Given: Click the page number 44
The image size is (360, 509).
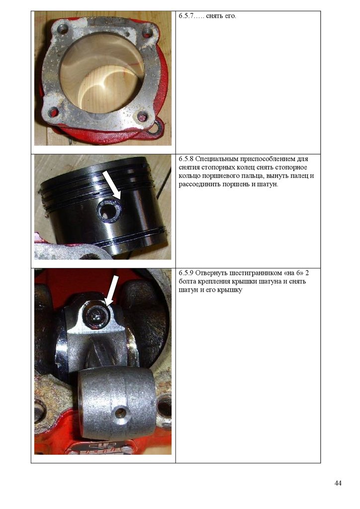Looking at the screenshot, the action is [338, 483].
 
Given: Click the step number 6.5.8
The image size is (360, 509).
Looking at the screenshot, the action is [186, 159].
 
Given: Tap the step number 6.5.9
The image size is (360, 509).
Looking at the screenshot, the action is [186, 273].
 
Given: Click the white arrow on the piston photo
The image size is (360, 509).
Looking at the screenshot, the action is [111, 185].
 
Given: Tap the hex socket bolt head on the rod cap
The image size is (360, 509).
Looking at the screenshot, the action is [96, 314].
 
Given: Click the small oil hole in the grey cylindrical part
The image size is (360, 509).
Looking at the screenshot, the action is [120, 412].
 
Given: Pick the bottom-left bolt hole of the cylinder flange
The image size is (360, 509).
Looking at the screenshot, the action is [53, 113].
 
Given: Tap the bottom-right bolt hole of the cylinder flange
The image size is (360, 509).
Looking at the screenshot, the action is [142, 117].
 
